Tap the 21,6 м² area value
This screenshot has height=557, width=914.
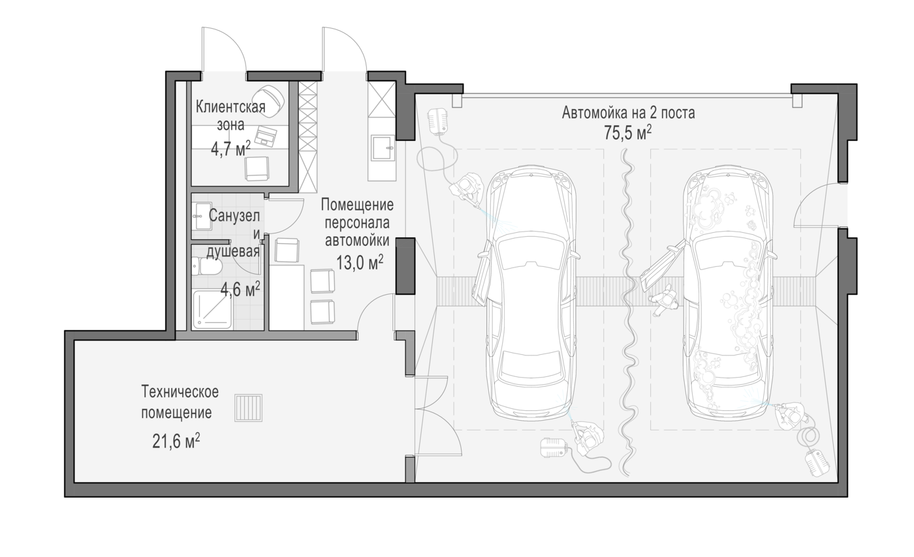click(x=176, y=441)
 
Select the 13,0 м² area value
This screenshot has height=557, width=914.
click(x=360, y=263)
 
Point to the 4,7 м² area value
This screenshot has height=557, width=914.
click(x=230, y=149)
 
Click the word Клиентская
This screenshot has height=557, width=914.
click(x=230, y=107)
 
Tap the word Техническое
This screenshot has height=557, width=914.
click(x=180, y=392)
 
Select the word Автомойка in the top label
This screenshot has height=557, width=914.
click(x=595, y=113)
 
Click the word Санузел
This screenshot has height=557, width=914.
click(x=234, y=215)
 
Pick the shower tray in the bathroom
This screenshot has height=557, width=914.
click(x=213, y=310)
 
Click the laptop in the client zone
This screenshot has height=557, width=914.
click(x=266, y=136)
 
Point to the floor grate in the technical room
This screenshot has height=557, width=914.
click(x=248, y=408)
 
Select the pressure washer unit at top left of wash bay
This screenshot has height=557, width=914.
click(x=437, y=121)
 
